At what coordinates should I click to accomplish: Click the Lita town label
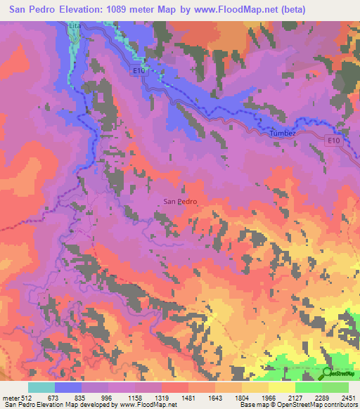click(75, 25)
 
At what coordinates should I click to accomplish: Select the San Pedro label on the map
click(180, 201)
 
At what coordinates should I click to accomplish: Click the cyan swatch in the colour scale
click(41, 387)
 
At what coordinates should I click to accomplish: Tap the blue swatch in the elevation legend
click(68, 387)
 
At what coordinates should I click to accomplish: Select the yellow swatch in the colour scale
click(281, 387)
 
